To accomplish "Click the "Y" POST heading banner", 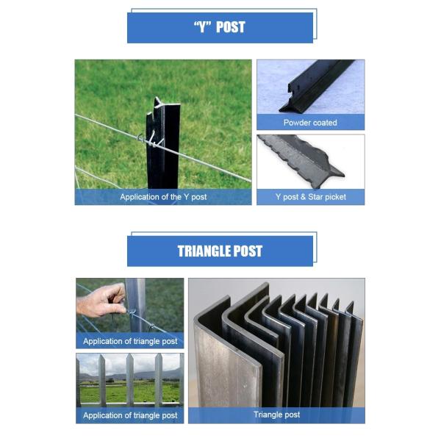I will tap(220, 27).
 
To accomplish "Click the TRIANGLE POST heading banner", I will tap(220, 251).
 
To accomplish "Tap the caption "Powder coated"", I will tap(310, 123).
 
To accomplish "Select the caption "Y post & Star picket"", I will tap(310, 197).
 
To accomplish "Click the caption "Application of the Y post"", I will tap(162, 197).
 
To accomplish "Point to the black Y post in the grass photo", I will tap(157, 147).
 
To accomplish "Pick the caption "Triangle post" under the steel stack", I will tap(276, 415).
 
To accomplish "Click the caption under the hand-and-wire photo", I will tap(130, 341).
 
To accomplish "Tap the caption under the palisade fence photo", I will tap(130, 415).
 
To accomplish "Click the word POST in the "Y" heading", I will tap(231, 27).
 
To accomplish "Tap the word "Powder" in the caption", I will tap(297, 123).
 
